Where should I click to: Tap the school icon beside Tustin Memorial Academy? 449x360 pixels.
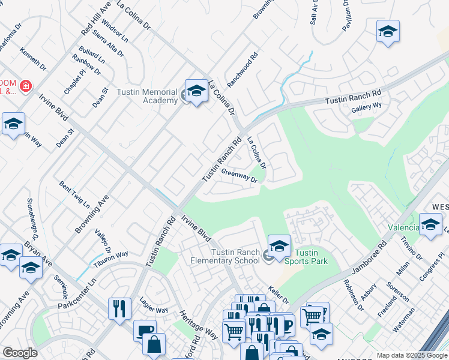coord(196,92)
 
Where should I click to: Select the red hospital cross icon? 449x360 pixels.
coord(25,87)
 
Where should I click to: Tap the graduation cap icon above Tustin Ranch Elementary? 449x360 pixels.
coord(279,245)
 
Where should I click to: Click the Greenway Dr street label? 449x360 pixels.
coord(239,175)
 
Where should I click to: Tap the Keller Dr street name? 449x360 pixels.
coord(279,295)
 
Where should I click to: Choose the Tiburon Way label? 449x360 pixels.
coord(110,258)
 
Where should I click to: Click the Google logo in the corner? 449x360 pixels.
coord(20,353)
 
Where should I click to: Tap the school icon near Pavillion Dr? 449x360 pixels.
coord(388,31)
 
